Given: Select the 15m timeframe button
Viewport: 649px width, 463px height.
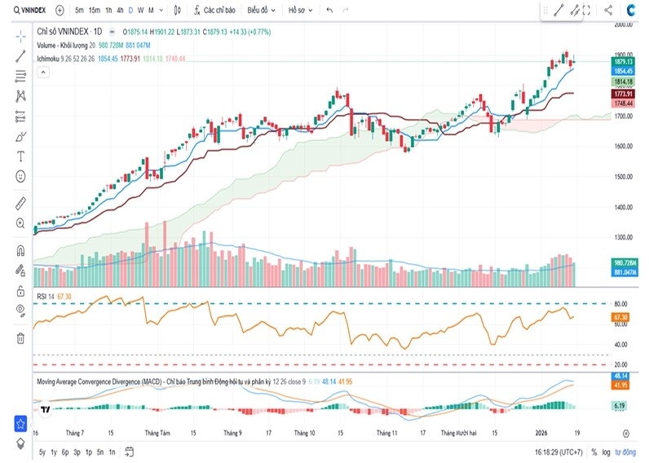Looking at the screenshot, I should (94, 11).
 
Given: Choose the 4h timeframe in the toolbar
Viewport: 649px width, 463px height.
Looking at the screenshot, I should (120, 11).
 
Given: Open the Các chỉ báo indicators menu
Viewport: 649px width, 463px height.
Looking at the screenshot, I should (214, 11).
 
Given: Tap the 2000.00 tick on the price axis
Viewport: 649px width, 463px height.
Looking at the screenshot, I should (624, 24).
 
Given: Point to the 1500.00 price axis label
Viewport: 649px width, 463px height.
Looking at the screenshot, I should (624, 176).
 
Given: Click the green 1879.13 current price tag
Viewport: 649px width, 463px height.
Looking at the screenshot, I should (623, 61).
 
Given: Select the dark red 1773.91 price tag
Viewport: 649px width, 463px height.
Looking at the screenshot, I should (623, 95).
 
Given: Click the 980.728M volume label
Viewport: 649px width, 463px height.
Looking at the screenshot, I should (623, 262).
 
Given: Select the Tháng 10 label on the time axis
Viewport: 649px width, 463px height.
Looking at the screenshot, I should (304, 433).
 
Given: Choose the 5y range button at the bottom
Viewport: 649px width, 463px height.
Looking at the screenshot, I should (42, 451).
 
